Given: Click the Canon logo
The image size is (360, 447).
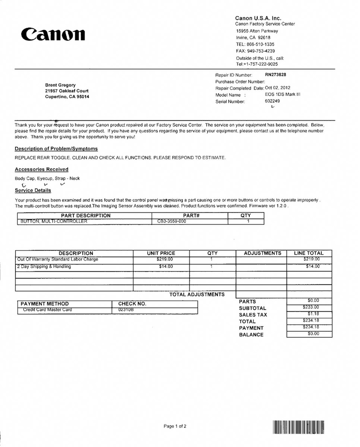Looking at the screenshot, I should point(53,34).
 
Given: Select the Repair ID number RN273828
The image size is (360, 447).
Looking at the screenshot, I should point(275,75).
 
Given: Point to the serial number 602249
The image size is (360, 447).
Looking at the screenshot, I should point(272,101).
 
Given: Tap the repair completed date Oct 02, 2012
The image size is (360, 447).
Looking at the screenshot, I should point(278,88).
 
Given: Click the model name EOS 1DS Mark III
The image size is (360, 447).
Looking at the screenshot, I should point(282,95).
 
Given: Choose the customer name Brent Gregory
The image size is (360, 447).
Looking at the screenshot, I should point(60,85).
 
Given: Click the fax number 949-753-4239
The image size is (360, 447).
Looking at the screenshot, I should point(261,51).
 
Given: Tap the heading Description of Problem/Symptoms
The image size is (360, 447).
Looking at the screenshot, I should point(56,149).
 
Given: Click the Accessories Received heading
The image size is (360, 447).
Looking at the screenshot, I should point(42,170).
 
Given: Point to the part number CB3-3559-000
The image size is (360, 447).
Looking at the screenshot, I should point(172,221).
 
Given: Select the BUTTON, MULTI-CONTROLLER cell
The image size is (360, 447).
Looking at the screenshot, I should point(54,221).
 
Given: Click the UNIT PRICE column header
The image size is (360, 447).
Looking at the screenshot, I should point(161,253).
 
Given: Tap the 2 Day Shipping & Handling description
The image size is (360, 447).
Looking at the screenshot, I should point(44,267).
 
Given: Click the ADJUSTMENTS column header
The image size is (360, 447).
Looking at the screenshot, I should point(262,253).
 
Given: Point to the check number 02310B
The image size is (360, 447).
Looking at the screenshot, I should point(126,310).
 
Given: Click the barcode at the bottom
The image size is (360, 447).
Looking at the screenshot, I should point(298,427).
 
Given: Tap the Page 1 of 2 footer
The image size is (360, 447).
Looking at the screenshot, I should point(175,426).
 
